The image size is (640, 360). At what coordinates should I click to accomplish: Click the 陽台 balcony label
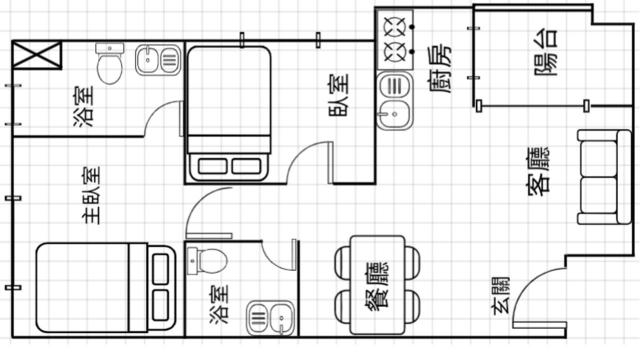(x=546, y=52)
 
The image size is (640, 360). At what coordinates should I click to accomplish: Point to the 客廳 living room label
(x=538, y=172)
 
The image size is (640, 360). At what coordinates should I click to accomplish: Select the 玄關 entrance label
(x=501, y=295)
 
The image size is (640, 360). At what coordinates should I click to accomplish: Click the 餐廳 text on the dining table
(x=378, y=284)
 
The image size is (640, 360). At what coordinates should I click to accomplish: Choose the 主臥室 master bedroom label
(x=91, y=195)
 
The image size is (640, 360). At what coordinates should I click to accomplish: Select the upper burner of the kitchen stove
(x=395, y=26)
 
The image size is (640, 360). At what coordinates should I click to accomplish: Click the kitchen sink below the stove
(x=395, y=100)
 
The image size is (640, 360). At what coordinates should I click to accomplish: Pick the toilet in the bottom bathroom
(x=207, y=260)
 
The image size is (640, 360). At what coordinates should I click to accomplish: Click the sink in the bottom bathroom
(x=270, y=317)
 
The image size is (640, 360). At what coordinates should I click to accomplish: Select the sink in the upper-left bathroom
(x=158, y=60)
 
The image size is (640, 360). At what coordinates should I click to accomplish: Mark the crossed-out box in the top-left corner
(x=37, y=55)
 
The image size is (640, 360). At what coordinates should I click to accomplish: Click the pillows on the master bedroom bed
(x=161, y=287)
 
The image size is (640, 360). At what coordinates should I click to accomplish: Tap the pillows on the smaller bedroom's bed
(x=229, y=166)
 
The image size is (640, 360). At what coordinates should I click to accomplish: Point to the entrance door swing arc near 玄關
(x=533, y=286)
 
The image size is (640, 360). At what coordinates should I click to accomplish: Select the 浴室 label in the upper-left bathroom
(x=84, y=106)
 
